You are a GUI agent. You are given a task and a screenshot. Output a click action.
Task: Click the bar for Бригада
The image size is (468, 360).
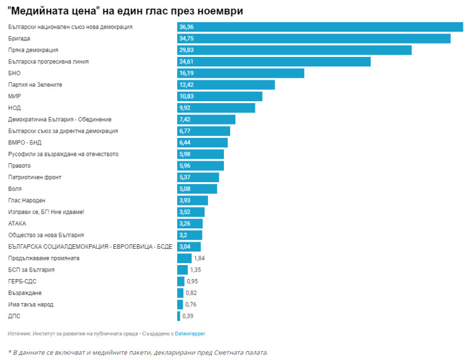click(x=314, y=39)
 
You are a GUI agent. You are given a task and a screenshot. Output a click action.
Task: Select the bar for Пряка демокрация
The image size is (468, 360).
click(x=294, y=50)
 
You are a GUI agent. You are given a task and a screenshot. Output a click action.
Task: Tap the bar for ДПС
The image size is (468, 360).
click(x=178, y=316)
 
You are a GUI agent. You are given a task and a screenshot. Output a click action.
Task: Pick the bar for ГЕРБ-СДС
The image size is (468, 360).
click(x=180, y=281)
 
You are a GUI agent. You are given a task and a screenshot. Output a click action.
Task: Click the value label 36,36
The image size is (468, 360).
click(x=187, y=27)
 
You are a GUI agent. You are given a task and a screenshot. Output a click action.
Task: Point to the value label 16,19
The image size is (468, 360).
click(x=187, y=73)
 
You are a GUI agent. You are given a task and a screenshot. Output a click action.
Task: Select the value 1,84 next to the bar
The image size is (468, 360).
click(x=199, y=258)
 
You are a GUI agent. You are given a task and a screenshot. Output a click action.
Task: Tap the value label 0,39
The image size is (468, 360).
click(x=188, y=316)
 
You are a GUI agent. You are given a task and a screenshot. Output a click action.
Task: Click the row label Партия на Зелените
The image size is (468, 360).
click(x=35, y=85)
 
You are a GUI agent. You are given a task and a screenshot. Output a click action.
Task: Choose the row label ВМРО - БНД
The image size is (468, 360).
click(x=25, y=142)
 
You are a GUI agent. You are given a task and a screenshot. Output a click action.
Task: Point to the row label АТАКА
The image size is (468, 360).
click(x=17, y=223)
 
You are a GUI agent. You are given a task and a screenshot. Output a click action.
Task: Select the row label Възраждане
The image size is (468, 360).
click(x=25, y=293)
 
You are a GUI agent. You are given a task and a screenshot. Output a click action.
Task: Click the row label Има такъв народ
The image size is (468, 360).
click(x=30, y=304)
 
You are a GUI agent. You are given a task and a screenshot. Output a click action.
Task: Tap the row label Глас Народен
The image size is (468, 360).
click(x=27, y=201)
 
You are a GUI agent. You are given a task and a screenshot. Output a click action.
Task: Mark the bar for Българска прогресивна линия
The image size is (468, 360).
click(x=273, y=62)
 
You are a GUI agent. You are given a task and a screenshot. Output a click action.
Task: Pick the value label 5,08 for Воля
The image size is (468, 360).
click(x=185, y=189)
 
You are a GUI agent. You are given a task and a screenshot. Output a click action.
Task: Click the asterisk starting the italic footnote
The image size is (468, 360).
click(x=9, y=352)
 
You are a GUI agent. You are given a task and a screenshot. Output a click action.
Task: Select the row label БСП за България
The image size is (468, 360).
click(x=31, y=270)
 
